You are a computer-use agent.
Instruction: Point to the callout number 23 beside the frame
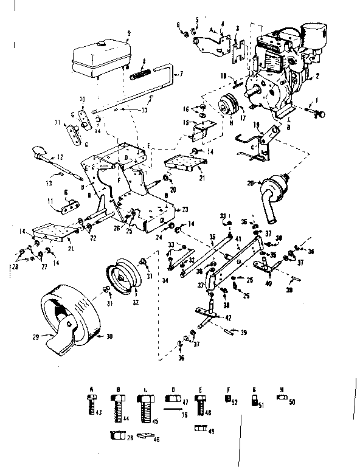[x=185, y=209]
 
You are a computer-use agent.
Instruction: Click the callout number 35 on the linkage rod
[x=212, y=238]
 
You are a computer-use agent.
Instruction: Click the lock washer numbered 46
[x=144, y=437]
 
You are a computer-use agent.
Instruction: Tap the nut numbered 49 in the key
[x=199, y=429]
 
